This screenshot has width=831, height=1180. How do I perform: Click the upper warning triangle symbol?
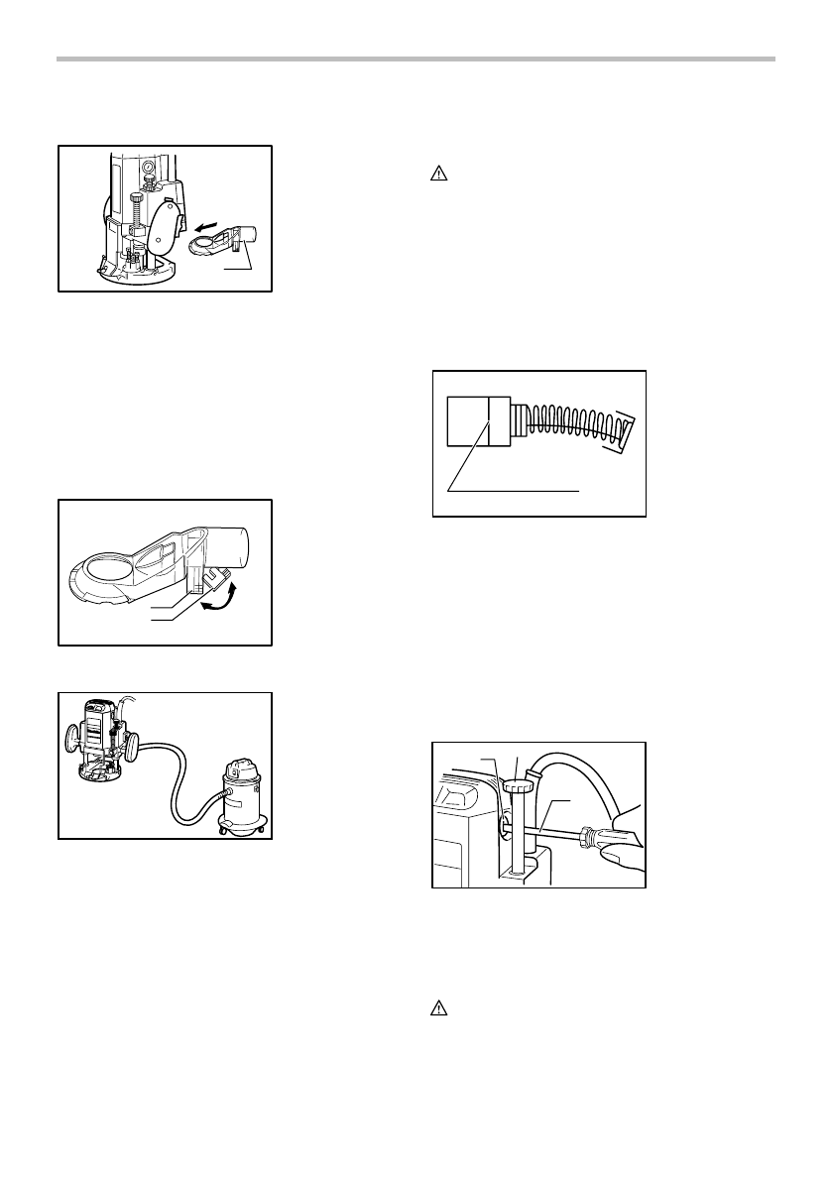point(439,174)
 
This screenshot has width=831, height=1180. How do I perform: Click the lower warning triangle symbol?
point(439,1009)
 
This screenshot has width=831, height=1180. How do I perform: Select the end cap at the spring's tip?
point(624,430)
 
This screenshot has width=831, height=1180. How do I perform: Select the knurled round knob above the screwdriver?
point(518,786)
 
